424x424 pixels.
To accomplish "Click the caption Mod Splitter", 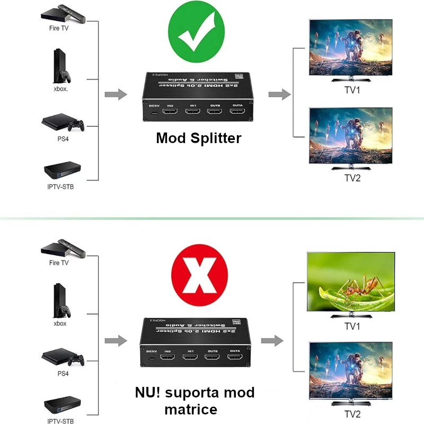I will point(198,138).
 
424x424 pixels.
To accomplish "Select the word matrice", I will point(190,409).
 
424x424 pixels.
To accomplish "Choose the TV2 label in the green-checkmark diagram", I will point(352,178).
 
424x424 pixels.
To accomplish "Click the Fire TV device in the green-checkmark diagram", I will point(62,13).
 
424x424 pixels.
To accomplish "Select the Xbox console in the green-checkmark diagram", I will point(62,66).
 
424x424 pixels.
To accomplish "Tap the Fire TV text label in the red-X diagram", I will point(58,263).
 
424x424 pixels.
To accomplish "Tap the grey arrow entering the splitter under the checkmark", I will point(116,95).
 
